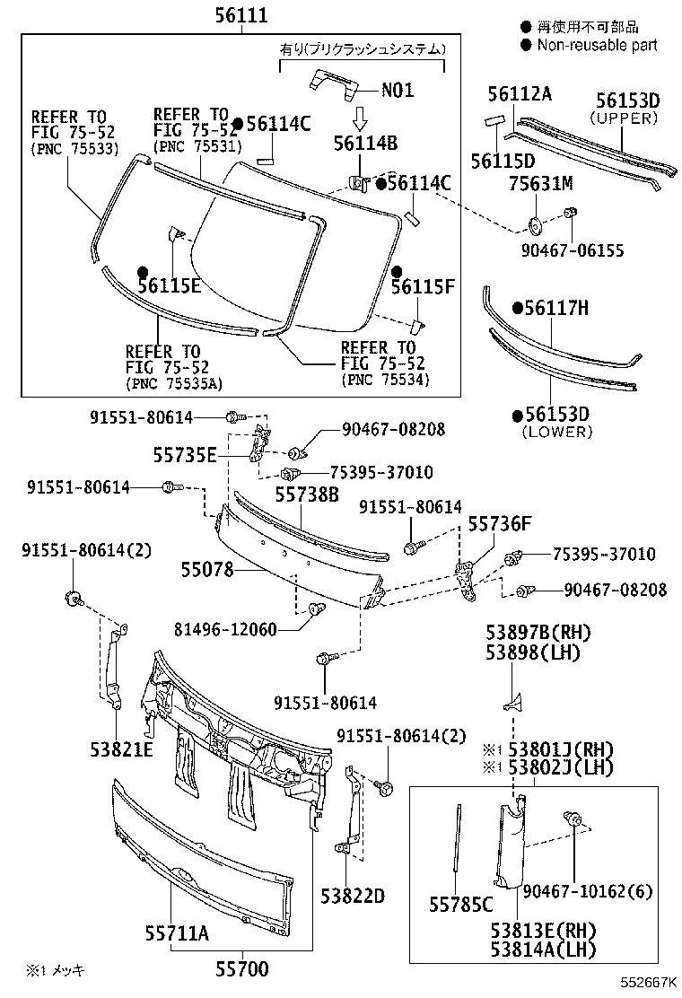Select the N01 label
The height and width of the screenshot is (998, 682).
(398, 90)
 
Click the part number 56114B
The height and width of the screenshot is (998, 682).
(364, 143)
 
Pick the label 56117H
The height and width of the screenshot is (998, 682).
(556, 309)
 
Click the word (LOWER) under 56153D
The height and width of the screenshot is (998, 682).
(557, 432)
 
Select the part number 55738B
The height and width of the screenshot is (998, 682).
(307, 494)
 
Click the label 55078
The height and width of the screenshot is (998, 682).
(207, 569)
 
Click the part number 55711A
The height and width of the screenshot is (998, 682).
(177, 933)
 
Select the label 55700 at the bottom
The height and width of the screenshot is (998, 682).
(240, 968)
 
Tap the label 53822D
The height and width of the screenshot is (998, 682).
(353, 896)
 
